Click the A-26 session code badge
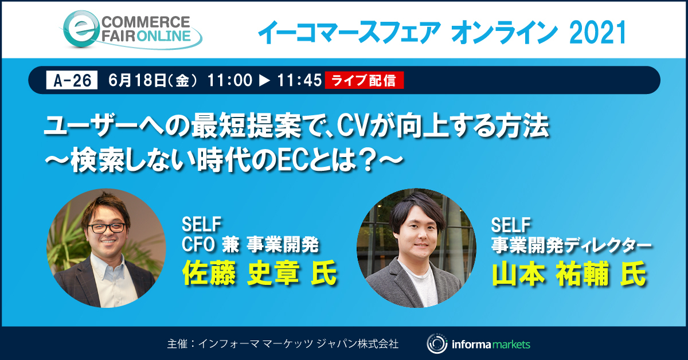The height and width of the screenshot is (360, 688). click(x=72, y=81)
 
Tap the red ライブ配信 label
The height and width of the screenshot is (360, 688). click(x=365, y=81)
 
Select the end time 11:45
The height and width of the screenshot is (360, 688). click(x=299, y=81)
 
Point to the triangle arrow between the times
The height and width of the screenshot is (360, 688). click(x=264, y=81)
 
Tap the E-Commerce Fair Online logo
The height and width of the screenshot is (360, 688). click(x=132, y=30)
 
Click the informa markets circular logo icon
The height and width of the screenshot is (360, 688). click(x=436, y=344)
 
